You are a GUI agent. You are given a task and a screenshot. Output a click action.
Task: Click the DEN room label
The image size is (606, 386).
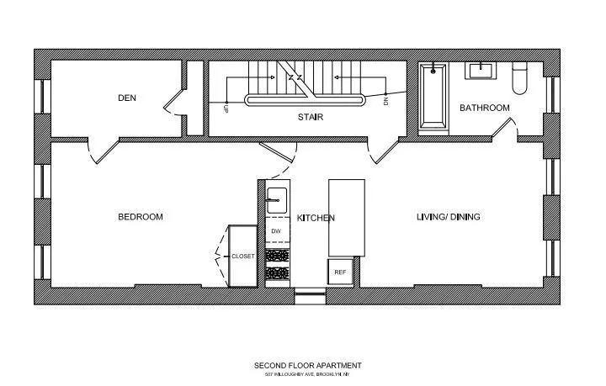coord(126,98)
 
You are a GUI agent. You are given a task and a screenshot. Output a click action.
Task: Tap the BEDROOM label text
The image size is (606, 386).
coord(140,217)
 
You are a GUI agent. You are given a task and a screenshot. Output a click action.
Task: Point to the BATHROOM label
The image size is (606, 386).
coord(484,108)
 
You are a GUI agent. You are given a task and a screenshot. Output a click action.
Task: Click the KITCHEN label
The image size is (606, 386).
coord(316,218)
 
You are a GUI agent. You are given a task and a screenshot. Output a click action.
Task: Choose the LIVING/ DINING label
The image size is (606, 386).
coord(449,217)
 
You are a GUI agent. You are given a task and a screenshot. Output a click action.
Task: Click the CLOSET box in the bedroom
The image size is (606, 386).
coord(242,256)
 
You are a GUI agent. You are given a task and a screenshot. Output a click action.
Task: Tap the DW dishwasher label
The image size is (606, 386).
coord(275,230)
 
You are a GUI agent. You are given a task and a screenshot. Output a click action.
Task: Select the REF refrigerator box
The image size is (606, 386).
coord(340,272)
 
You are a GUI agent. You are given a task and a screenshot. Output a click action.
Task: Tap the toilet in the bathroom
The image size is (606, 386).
coord(520,79)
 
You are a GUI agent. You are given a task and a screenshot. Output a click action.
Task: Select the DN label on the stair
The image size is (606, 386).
coord(386,101)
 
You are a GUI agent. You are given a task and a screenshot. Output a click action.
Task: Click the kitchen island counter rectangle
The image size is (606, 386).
coord(347,217)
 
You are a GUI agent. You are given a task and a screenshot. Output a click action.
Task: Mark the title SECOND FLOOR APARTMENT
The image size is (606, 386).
coord(308,366)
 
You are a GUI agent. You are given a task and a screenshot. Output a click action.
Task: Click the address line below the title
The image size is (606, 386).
coord(308,375)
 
